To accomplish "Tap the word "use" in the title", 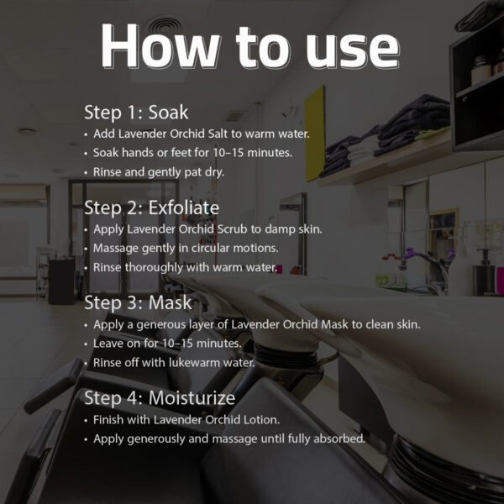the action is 353,50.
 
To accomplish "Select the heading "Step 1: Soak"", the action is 136,113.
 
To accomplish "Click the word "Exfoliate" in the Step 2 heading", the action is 184,207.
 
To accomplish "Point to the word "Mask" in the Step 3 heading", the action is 170,302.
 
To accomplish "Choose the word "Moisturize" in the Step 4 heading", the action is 192,397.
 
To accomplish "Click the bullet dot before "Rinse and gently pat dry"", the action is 86,172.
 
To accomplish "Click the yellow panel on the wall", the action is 314,134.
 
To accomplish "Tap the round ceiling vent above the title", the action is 165,27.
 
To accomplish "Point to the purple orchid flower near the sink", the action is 410,253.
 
